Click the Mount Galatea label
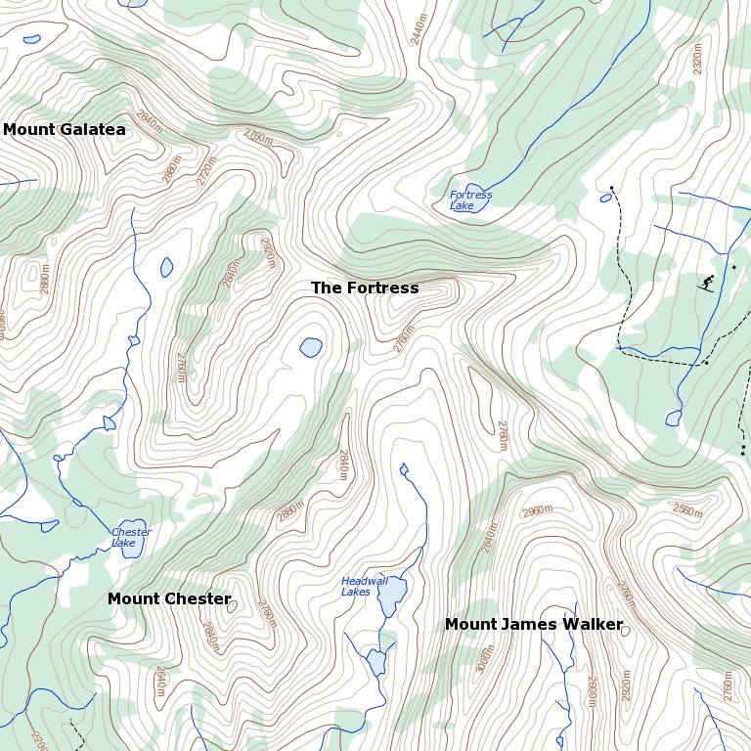[64, 129]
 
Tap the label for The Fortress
[365, 287]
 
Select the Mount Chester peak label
[169, 598]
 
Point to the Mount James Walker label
[534, 624]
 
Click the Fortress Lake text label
[470, 200]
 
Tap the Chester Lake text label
[131, 538]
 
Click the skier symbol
[706, 284]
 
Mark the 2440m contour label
[420, 28]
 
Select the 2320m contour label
[697, 60]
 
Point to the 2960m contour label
[538, 511]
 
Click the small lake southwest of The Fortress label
[311, 347]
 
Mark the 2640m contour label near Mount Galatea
[150, 122]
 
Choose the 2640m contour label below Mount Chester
[160, 682]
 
